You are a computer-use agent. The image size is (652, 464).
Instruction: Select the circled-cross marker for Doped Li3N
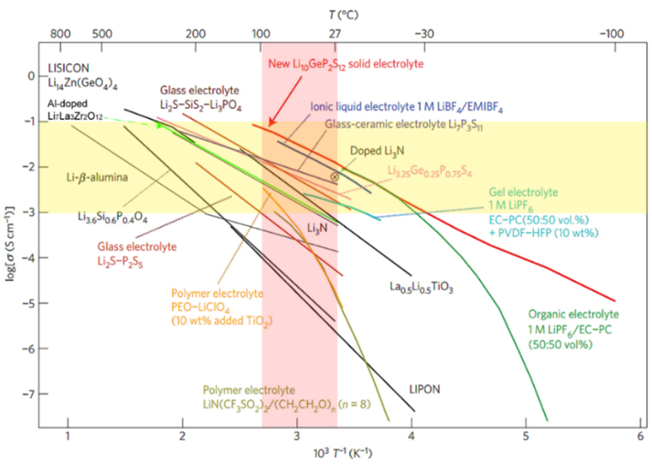pyautogui.click(x=336, y=177)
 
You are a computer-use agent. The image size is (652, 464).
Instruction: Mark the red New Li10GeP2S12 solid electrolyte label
pyautogui.click(x=346, y=63)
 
